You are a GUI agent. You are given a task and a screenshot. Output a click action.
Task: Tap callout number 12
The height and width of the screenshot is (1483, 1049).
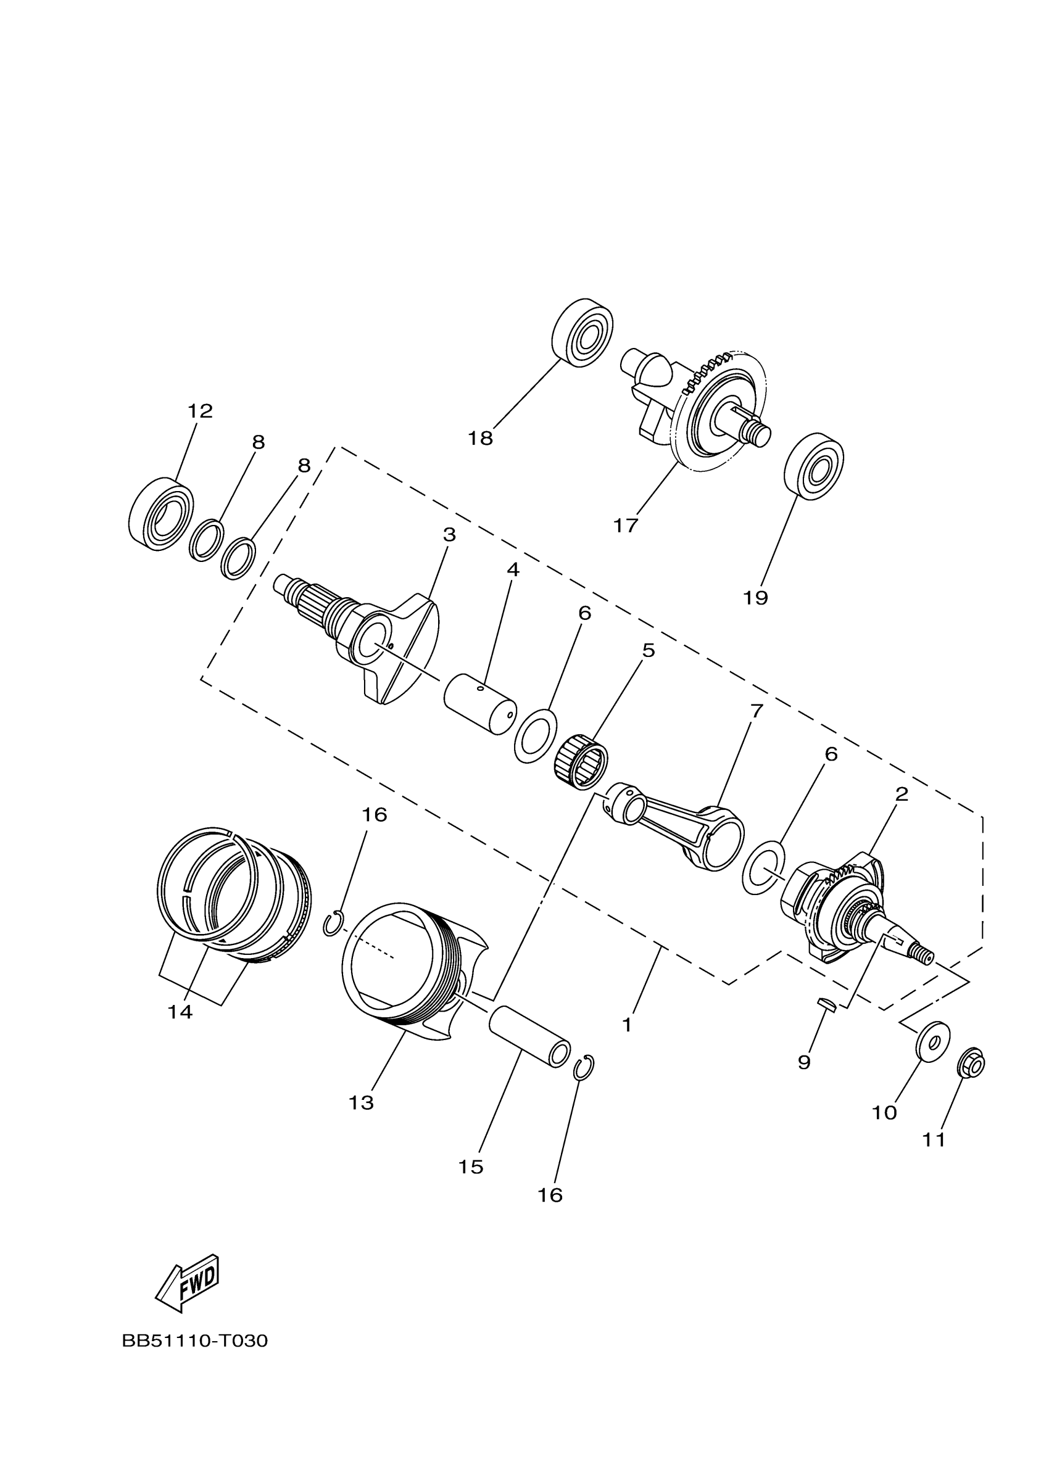click(x=201, y=411)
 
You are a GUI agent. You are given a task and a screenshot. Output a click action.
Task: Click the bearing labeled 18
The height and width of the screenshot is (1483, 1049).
click(x=583, y=333)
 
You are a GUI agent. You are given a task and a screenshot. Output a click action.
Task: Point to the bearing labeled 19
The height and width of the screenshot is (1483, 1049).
click(x=814, y=466)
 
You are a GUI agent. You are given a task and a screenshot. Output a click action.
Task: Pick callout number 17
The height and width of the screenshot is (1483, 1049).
click(x=625, y=526)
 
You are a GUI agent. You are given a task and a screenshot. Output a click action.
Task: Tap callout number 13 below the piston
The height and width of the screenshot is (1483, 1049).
click(x=361, y=1103)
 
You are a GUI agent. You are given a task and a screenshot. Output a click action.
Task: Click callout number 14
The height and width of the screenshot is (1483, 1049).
click(x=180, y=1012)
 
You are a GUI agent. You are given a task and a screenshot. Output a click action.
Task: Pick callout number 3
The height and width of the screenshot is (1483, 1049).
click(x=449, y=535)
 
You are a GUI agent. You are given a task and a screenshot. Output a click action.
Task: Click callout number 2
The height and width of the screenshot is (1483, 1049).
click(x=902, y=794)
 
